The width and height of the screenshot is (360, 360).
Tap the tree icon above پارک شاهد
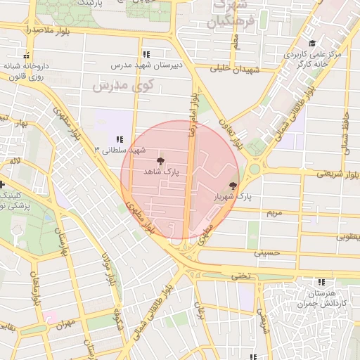point(161,161)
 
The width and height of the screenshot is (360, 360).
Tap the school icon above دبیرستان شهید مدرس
point(146,54)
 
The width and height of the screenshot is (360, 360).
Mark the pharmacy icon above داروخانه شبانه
point(27,56)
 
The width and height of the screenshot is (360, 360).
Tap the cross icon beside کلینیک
point(4,184)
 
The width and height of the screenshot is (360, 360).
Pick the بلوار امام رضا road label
point(192,112)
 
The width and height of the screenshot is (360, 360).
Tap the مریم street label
point(274,212)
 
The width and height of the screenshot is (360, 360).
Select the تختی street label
point(241,277)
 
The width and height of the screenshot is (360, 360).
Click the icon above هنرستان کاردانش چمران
point(321,281)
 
